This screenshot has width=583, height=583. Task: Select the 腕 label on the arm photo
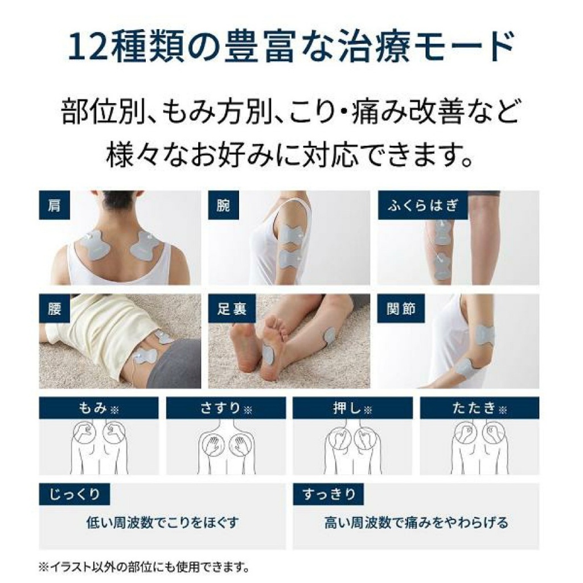[x=223, y=205]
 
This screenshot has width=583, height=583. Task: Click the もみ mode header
[x=98, y=408]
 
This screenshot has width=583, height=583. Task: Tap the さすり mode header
[x=226, y=408]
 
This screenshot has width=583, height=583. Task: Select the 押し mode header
[x=352, y=408]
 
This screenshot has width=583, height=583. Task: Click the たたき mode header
[x=479, y=408]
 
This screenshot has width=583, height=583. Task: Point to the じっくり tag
[x=74, y=494]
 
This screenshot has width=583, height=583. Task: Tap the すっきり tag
[x=328, y=494]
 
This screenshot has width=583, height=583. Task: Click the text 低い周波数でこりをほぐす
[x=162, y=522]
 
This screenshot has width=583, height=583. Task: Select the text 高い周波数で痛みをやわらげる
[x=416, y=522]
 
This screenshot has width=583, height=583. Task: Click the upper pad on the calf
[x=442, y=231]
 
